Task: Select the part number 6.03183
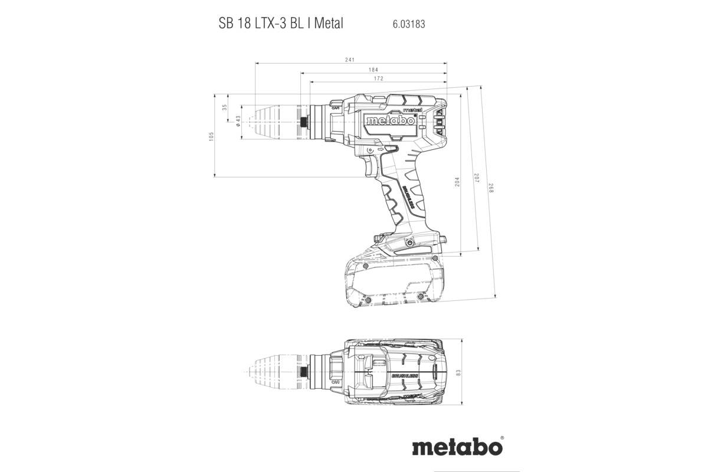click(x=408, y=25)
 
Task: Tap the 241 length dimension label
click(x=350, y=60)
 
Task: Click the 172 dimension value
click(x=378, y=78)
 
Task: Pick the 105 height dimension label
click(x=212, y=136)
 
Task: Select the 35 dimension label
click(x=224, y=107)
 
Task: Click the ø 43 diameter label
click(x=237, y=122)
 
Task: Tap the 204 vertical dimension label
click(x=457, y=182)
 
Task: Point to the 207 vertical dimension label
click(x=476, y=178)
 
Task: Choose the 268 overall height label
click(x=490, y=189)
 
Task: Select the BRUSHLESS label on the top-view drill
click(x=404, y=376)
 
